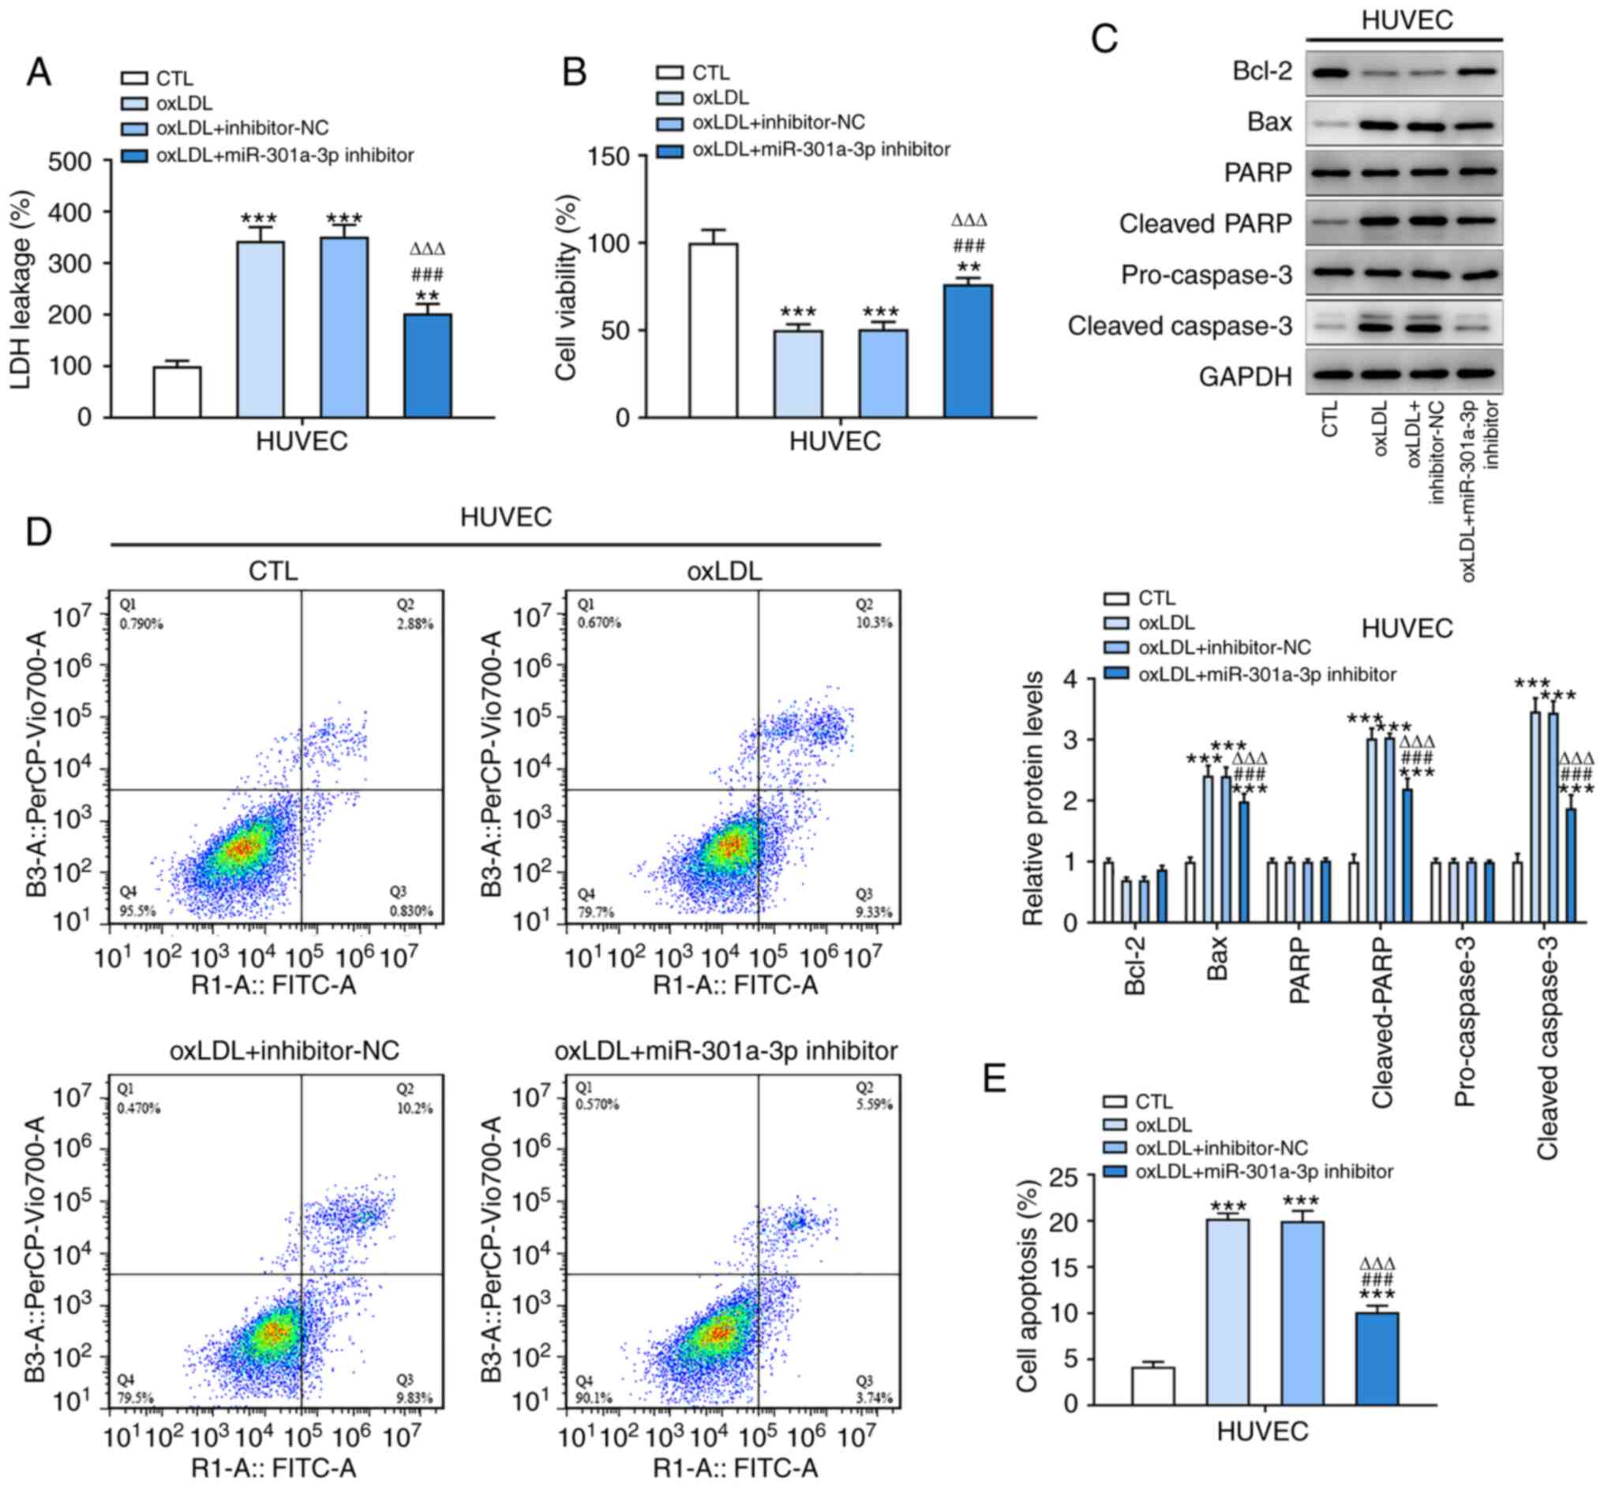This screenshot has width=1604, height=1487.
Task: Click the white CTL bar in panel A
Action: (177, 391)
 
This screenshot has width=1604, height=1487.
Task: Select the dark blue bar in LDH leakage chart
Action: (427, 366)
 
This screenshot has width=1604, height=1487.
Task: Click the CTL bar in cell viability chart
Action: (713, 330)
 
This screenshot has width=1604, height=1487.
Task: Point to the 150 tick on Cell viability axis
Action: (609, 156)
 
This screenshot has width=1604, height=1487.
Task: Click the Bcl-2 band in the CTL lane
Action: (1331, 73)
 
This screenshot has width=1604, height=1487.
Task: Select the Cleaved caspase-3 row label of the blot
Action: (1179, 326)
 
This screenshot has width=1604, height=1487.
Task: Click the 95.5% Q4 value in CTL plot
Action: (137, 911)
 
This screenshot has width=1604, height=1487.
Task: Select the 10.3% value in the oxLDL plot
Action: (875, 623)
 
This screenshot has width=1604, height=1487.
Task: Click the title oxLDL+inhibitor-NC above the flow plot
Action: (284, 1050)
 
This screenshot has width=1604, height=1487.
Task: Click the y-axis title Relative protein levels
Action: (1032, 798)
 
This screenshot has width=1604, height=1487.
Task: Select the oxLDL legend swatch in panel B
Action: (669, 98)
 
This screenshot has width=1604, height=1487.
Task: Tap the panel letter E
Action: (995, 1079)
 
